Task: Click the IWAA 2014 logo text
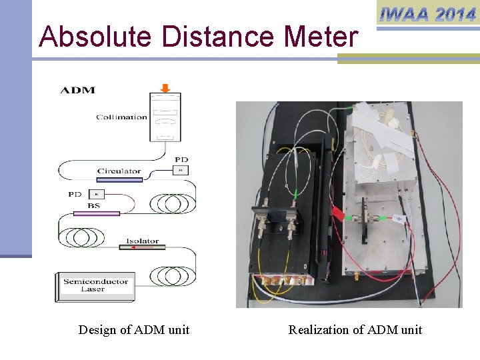(x=427, y=13)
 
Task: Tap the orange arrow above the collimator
(x=165, y=87)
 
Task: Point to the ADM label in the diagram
(x=78, y=90)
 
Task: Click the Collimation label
(x=121, y=117)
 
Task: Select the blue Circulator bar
(x=119, y=179)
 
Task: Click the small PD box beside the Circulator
(x=181, y=171)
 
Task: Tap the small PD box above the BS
(x=95, y=194)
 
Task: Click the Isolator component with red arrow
(x=142, y=247)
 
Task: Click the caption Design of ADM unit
(x=133, y=330)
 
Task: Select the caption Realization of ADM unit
(x=355, y=330)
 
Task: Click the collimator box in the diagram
(x=165, y=117)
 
